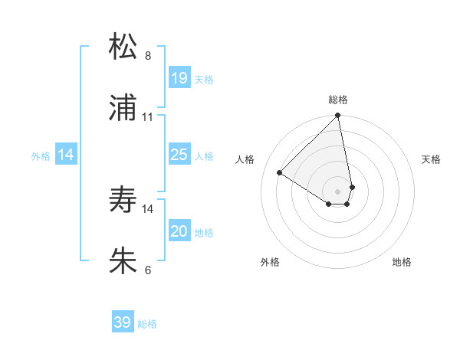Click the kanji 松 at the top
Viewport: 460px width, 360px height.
[123, 47]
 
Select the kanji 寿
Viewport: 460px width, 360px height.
[123, 200]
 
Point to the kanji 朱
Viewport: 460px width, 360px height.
[123, 260]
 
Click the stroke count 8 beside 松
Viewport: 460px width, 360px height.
[148, 56]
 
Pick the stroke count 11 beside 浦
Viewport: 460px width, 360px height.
[148, 117]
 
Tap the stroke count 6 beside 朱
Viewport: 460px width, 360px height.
[148, 270]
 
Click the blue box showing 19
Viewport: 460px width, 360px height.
[179, 78]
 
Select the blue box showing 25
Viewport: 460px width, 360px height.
[179, 155]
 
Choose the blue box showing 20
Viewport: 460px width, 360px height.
[179, 231]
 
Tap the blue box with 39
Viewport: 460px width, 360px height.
[123, 322]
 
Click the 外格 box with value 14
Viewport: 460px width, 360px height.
[66, 155]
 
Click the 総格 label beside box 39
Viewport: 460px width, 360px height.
[147, 324]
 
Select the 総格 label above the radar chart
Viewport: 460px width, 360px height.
[338, 100]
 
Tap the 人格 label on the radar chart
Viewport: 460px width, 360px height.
[245, 159]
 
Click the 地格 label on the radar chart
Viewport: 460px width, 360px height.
[402, 262]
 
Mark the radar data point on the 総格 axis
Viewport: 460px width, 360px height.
[338, 116]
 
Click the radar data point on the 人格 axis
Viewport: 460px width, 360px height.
[280, 173]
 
